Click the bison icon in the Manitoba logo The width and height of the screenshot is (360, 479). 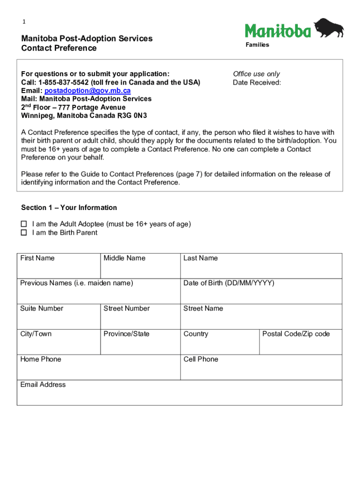tap(329, 28)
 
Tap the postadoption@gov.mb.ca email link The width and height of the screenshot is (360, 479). tap(87, 91)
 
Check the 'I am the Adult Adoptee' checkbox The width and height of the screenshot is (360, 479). tap(24, 225)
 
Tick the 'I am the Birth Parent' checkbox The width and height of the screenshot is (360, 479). tap(24, 233)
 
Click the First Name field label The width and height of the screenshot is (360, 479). tap(37, 258)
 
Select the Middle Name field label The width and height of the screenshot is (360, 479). tap(124, 258)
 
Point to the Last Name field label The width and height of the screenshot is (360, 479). tap(201, 258)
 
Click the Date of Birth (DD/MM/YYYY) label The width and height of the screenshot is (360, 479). tap(229, 283)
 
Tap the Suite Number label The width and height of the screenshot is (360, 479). tap(42, 309)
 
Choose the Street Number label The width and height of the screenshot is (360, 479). tap(127, 309)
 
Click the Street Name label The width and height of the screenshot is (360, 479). tap(203, 309)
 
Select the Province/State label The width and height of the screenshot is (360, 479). tap(127, 334)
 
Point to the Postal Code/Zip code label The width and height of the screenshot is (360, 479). tap(296, 334)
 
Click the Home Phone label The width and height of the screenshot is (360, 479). tap(41, 359)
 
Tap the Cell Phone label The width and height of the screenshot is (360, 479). tap(201, 359)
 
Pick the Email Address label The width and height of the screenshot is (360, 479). tap(43, 385)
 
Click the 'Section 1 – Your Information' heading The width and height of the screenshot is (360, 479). tap(69, 208)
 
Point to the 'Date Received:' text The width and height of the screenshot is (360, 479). tap(257, 83)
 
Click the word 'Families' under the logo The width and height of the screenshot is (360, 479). tap(258, 45)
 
